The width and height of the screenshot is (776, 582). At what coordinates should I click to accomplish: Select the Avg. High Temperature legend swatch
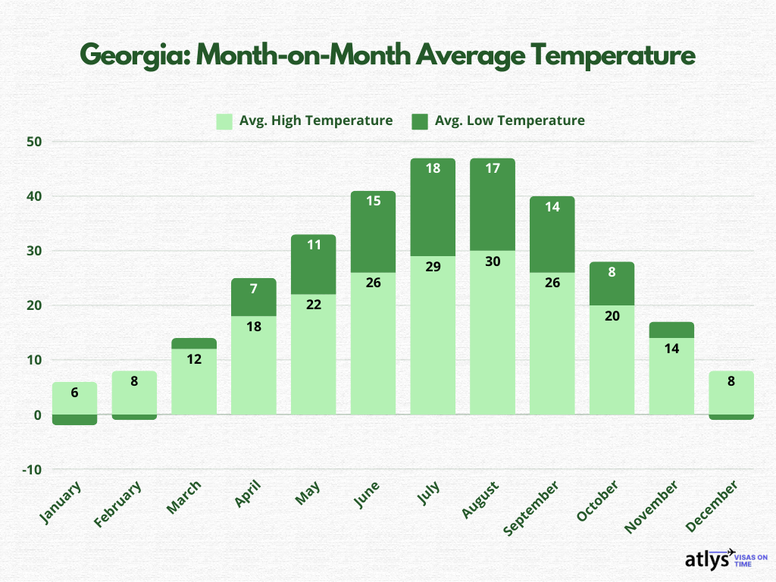(224, 120)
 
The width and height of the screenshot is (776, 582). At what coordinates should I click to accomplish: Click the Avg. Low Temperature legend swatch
(419, 120)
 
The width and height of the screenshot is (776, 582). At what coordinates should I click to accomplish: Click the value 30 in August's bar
(493, 261)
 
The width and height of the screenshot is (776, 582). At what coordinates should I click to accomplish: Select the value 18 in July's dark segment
(433, 169)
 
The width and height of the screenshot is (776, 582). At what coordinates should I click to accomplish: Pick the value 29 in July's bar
(433, 267)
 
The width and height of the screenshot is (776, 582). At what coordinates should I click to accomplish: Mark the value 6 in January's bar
(75, 393)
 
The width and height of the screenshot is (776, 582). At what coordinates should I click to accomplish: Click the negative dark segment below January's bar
(75, 420)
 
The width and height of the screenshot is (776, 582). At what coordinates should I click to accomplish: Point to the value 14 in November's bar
(671, 349)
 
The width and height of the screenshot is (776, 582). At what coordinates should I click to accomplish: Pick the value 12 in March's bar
(194, 359)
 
